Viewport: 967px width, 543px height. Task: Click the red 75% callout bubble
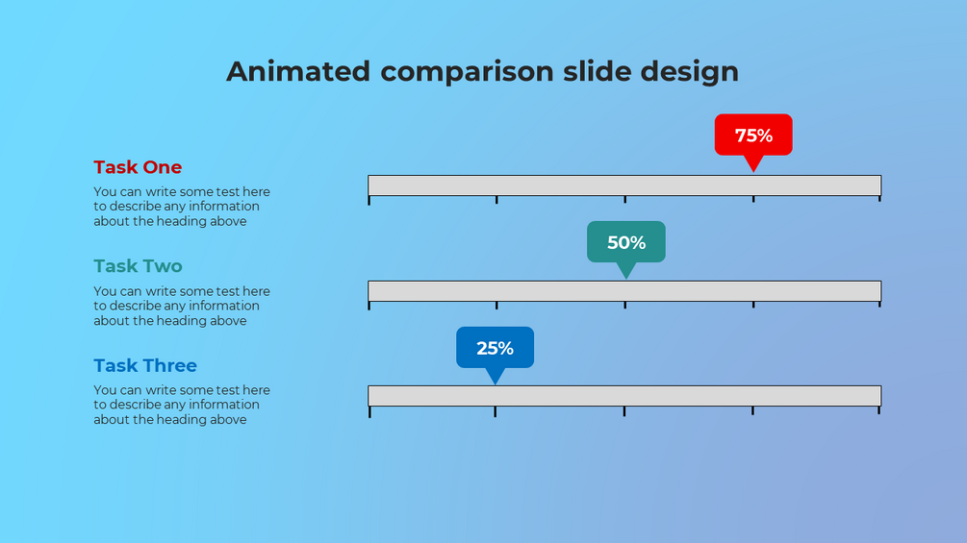[753, 135]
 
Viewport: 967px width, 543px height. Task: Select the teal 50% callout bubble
[626, 242]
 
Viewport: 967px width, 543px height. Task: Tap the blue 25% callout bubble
[496, 348]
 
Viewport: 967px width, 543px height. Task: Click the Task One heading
[138, 167]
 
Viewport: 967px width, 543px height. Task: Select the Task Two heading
[139, 266]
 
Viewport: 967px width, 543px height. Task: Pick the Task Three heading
[145, 365]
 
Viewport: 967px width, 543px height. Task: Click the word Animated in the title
[298, 71]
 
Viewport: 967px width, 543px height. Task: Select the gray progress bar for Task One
[624, 185]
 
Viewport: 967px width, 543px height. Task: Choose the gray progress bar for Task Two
[624, 291]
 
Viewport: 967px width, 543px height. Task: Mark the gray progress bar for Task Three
[624, 396]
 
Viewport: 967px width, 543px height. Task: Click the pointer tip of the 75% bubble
[753, 172]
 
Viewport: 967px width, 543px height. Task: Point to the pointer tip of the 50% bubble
[626, 279]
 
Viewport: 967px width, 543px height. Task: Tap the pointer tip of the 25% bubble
[496, 384]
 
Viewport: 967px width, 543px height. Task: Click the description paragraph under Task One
[182, 207]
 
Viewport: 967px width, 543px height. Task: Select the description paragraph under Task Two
[182, 306]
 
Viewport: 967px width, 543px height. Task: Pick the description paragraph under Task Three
[182, 405]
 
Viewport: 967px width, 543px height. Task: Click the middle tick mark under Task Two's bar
[624, 306]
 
